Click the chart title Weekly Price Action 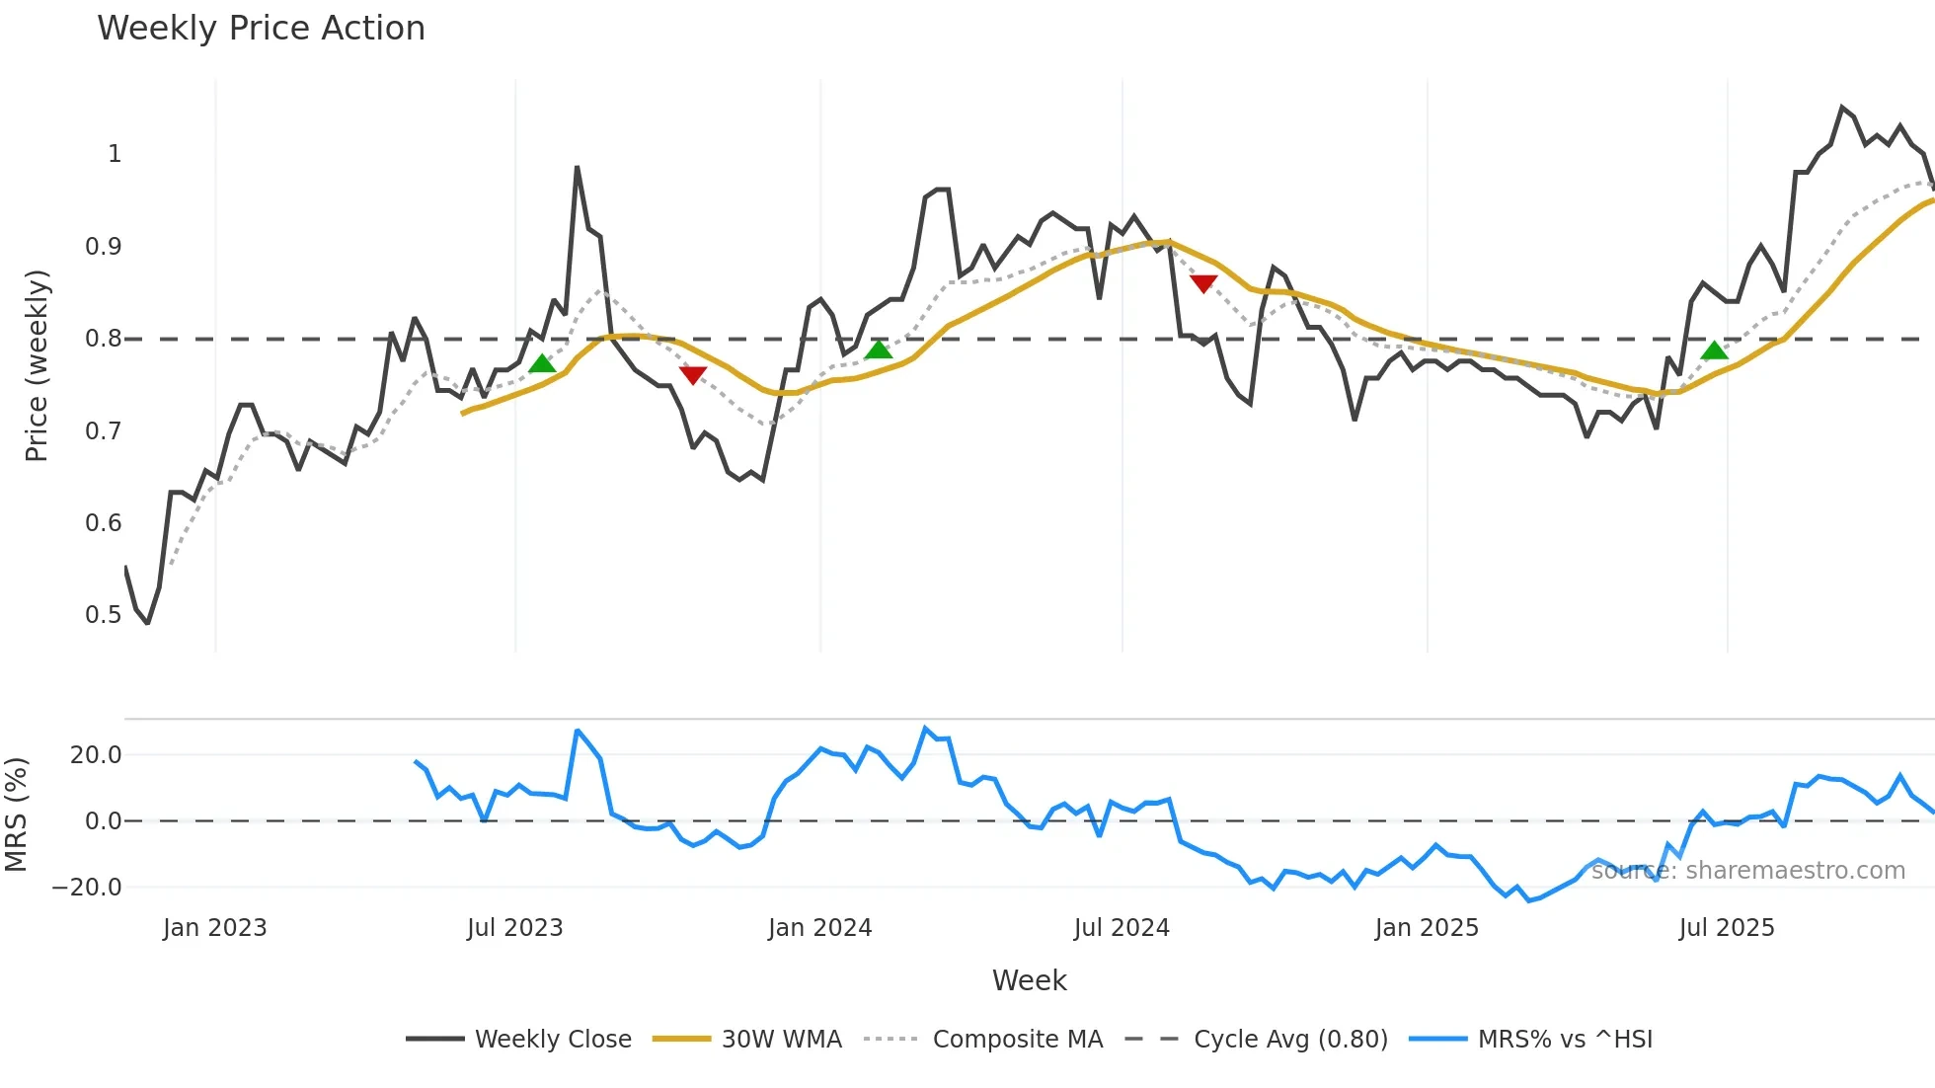click(261, 29)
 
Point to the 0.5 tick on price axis click(104, 615)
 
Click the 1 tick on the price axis click(115, 154)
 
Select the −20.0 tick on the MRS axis click(87, 888)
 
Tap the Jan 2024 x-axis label click(819, 928)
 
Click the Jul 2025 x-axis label click(1726, 928)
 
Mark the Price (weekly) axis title click(37, 365)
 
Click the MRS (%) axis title click(17, 815)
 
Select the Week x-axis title click(1029, 980)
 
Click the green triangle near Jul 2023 click(542, 364)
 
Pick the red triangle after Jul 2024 click(1203, 283)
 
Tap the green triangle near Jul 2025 click(1715, 350)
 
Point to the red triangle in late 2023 click(693, 375)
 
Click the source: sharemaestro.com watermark click(1747, 871)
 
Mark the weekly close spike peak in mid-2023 click(577, 168)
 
